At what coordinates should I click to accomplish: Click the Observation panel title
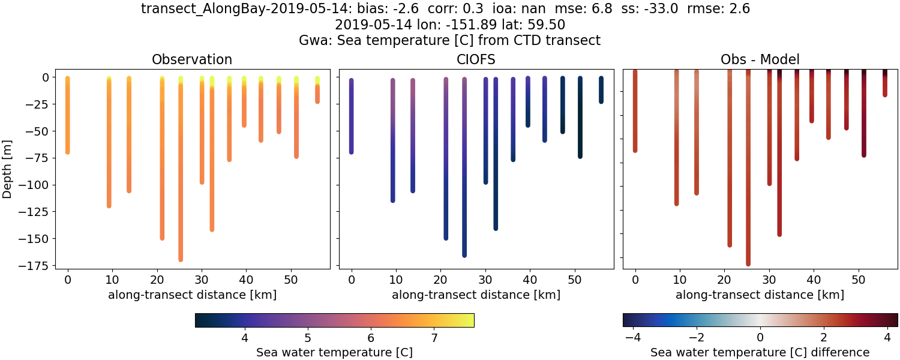coord(192,59)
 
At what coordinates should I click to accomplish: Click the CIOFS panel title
coord(476,59)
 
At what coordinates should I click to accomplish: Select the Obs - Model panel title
coord(760,59)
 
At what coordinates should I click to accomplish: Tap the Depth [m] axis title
coord(8,169)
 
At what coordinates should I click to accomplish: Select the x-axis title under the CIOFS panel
coord(476,295)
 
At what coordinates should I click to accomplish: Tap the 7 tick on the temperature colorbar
coord(434,338)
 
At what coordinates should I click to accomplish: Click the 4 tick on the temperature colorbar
coord(244,338)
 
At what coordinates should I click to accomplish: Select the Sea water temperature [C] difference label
coord(760,352)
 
